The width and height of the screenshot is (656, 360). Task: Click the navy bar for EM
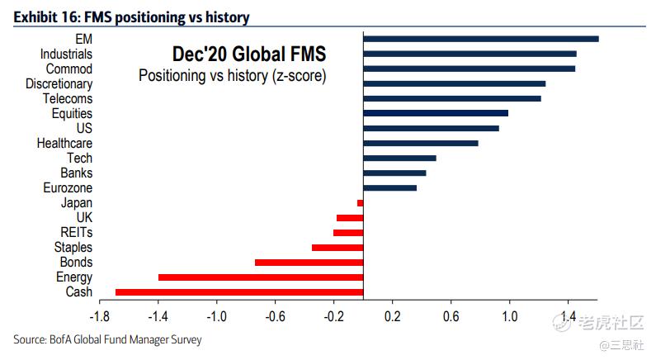480,39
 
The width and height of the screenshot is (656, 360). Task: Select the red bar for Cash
239,292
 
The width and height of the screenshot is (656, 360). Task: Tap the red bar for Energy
261,277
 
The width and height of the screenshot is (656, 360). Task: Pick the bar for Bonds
309,263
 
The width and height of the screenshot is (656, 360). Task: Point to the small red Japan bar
360,203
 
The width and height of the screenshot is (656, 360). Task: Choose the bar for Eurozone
389,188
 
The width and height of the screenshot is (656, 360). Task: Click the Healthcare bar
420,143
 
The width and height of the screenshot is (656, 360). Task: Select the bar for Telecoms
451,98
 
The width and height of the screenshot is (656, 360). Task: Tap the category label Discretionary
59,84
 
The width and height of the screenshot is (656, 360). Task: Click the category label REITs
76,233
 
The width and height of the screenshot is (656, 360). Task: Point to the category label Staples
73,248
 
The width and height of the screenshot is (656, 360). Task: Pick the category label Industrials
66,54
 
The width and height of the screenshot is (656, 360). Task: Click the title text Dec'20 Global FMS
248,54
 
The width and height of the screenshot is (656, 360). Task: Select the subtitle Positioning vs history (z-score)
232,76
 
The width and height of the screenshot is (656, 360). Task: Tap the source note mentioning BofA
107,339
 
